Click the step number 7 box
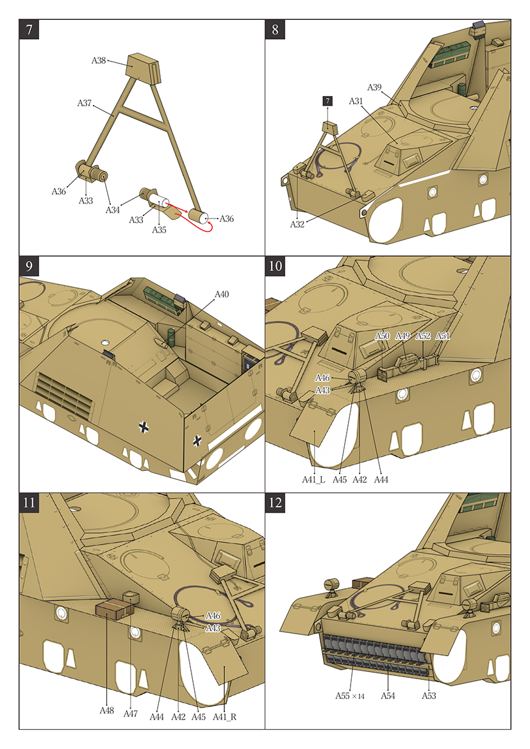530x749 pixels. click(29, 29)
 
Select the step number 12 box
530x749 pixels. click(276, 503)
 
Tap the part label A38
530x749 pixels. click(98, 60)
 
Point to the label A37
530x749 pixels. click(85, 103)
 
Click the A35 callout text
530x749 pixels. click(160, 229)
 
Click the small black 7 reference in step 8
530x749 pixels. click(327, 101)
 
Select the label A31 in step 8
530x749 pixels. click(356, 101)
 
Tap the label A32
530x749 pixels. click(297, 224)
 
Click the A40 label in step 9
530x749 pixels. click(221, 294)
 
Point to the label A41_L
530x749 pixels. click(314, 479)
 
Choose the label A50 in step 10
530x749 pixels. click(382, 336)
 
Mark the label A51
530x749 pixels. click(443, 336)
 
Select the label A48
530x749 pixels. click(107, 711)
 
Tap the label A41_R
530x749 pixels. click(224, 716)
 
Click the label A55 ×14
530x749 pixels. click(349, 695)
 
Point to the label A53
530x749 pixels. click(428, 695)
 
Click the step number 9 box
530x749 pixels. click(29, 266)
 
